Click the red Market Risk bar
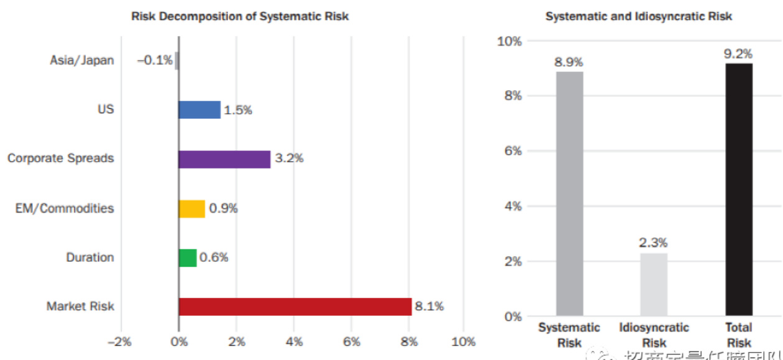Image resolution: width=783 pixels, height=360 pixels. [295, 307]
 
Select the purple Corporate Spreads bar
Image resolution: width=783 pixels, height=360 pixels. [224, 159]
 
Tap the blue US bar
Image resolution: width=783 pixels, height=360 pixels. [199, 110]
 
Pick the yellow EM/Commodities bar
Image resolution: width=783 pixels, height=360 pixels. [191, 209]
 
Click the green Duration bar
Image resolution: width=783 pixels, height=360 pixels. [188, 257]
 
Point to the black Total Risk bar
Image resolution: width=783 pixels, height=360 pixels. [739, 189]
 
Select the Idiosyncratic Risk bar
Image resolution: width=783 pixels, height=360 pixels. [654, 284]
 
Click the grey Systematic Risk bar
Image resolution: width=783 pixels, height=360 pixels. [569, 193]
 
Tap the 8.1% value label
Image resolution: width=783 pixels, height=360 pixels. [429, 306]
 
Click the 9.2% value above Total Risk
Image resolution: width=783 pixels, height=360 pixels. [738, 53]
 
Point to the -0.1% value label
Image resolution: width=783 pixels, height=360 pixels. [155, 60]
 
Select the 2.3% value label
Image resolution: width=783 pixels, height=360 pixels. [654, 243]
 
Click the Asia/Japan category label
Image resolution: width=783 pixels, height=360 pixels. [82, 61]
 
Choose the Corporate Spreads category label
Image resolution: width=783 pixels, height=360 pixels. [61, 159]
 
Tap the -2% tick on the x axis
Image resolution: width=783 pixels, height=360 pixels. [120, 341]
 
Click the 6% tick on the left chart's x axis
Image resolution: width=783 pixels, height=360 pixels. [351, 341]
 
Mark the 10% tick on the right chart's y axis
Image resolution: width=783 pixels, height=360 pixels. [510, 41]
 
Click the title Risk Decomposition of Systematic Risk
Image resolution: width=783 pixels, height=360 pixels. [240, 17]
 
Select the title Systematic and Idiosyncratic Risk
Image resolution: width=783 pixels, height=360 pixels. [639, 17]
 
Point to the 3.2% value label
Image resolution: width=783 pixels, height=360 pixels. [289, 159]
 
